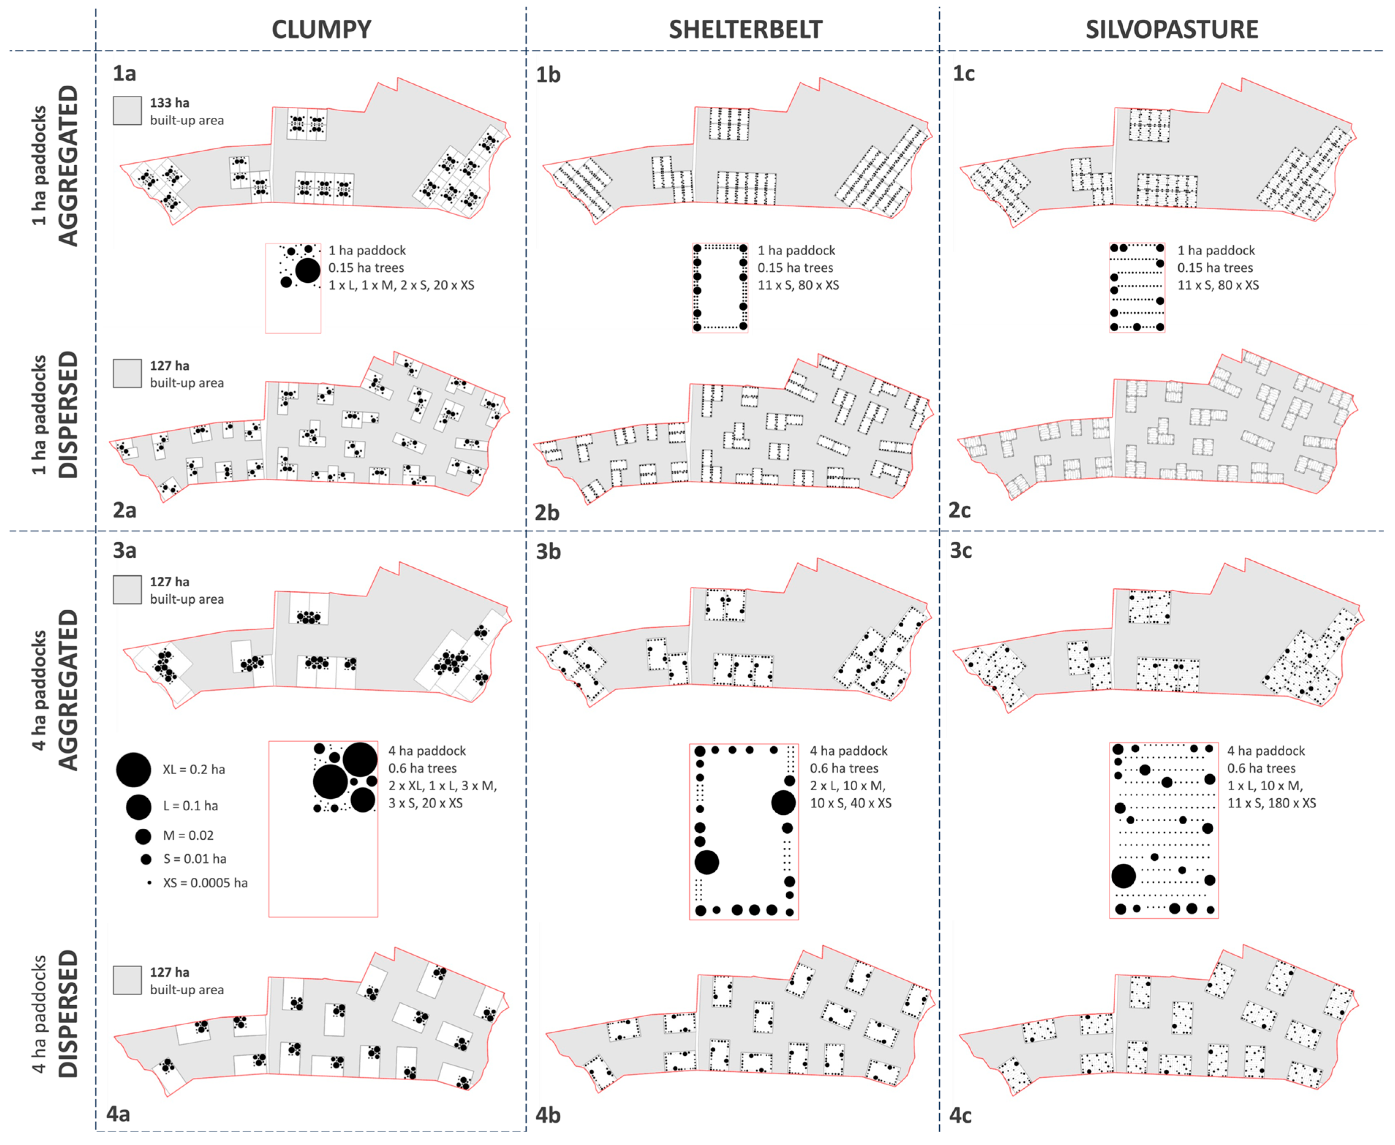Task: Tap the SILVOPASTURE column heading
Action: point(1172,30)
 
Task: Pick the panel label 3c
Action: point(961,551)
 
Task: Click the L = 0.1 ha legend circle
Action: point(139,806)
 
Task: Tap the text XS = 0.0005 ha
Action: point(205,882)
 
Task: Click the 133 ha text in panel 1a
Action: point(169,103)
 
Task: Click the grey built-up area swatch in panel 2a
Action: point(127,373)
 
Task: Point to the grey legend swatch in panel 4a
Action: point(127,980)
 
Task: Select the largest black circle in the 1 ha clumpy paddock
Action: point(308,270)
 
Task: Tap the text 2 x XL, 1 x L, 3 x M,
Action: point(442,786)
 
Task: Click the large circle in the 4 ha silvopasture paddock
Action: point(1123,876)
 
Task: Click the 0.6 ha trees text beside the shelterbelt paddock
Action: point(844,768)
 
